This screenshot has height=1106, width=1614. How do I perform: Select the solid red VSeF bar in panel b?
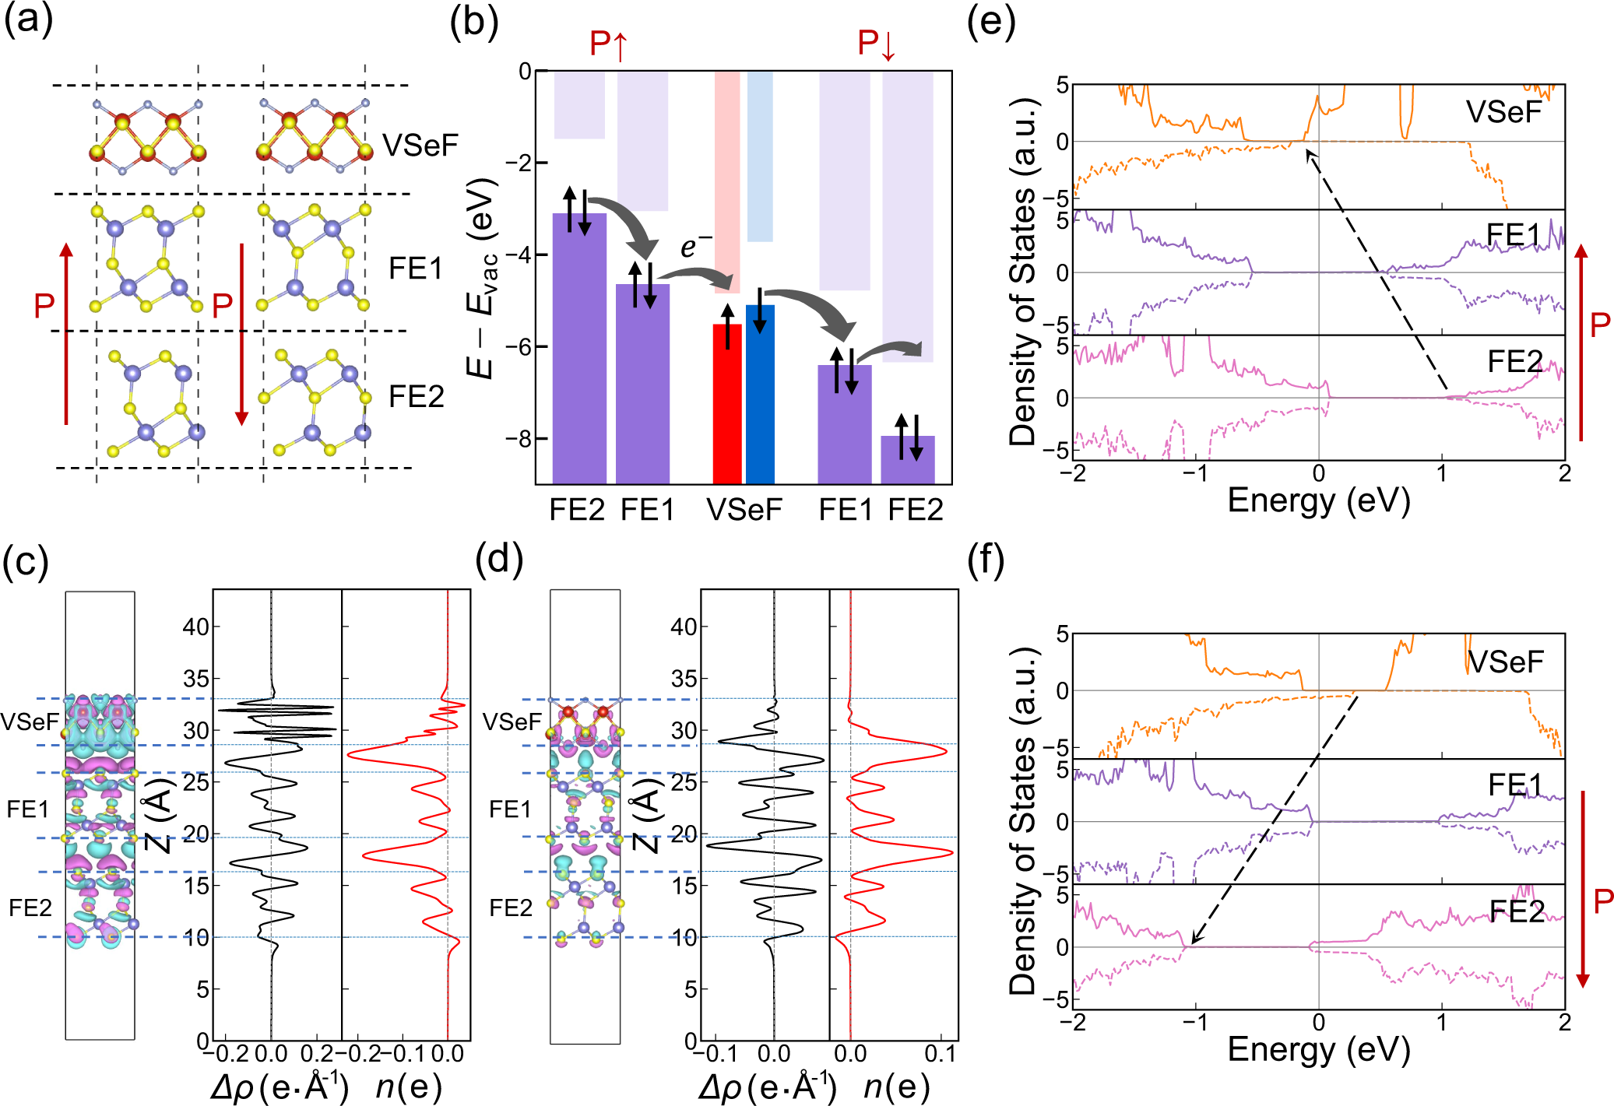pos(727,405)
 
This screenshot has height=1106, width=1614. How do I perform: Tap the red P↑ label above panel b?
pos(608,44)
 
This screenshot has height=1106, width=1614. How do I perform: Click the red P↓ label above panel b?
pos(877,44)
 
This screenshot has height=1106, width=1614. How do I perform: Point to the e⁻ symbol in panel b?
pos(695,246)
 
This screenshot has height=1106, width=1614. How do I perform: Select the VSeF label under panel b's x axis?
pos(744,510)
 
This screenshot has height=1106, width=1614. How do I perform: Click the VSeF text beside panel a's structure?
pos(420,145)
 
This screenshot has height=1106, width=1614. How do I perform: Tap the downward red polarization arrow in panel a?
pos(241,335)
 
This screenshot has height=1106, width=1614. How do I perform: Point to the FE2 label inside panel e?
pos(1514,361)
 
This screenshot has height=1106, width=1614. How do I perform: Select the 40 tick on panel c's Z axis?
pos(195,627)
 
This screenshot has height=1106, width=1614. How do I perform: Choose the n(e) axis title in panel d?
pos(895,1086)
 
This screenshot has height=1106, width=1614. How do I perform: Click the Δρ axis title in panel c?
pos(279,1086)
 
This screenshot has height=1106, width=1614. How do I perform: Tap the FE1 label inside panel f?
pos(1514,785)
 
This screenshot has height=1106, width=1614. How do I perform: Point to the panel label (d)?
pos(498,559)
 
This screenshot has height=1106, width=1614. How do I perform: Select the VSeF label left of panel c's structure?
pos(30,722)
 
